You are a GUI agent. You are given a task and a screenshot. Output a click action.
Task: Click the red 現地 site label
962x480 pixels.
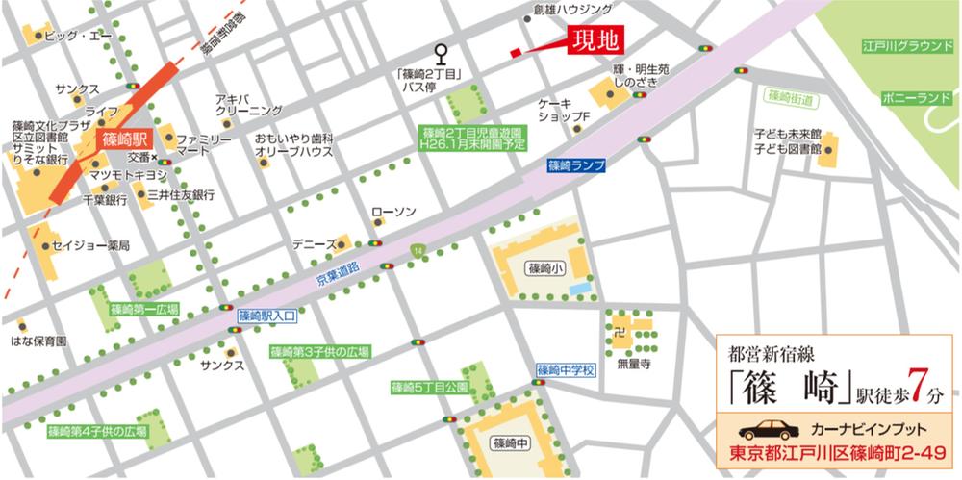[595, 41]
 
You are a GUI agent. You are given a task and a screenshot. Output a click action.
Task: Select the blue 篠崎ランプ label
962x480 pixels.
[576, 165]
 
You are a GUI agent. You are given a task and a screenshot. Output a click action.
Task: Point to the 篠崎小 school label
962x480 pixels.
[541, 268]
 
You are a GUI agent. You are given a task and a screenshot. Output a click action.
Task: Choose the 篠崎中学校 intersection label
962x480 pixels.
[567, 369]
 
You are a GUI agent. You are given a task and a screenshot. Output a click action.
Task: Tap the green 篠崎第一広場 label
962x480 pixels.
[144, 310]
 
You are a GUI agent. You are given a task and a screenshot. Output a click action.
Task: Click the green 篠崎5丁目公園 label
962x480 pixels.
[429, 388]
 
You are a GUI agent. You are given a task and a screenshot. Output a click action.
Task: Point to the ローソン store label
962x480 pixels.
[392, 211]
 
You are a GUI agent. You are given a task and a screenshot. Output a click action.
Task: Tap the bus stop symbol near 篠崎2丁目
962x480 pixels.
[442, 52]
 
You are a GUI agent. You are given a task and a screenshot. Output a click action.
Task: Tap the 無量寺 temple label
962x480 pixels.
[634, 364]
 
